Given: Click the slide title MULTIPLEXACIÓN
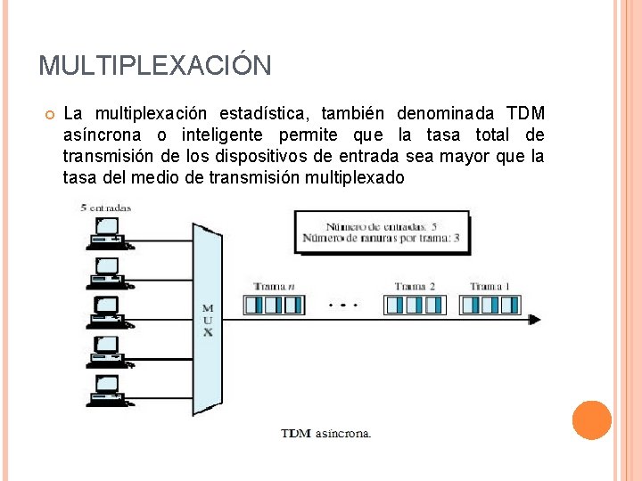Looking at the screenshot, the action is [155, 66].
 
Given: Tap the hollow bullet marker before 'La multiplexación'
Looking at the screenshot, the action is [50, 115].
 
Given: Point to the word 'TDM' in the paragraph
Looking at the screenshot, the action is [525, 114].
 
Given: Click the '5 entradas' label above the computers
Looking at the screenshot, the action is [106, 208].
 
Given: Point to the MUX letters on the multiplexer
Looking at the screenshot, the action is [208, 321].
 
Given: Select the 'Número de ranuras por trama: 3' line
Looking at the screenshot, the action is [382, 238].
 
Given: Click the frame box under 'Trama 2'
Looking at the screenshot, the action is [414, 305].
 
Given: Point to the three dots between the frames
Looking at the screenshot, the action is [343, 306].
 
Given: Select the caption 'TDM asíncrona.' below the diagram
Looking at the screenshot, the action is [325, 434].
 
